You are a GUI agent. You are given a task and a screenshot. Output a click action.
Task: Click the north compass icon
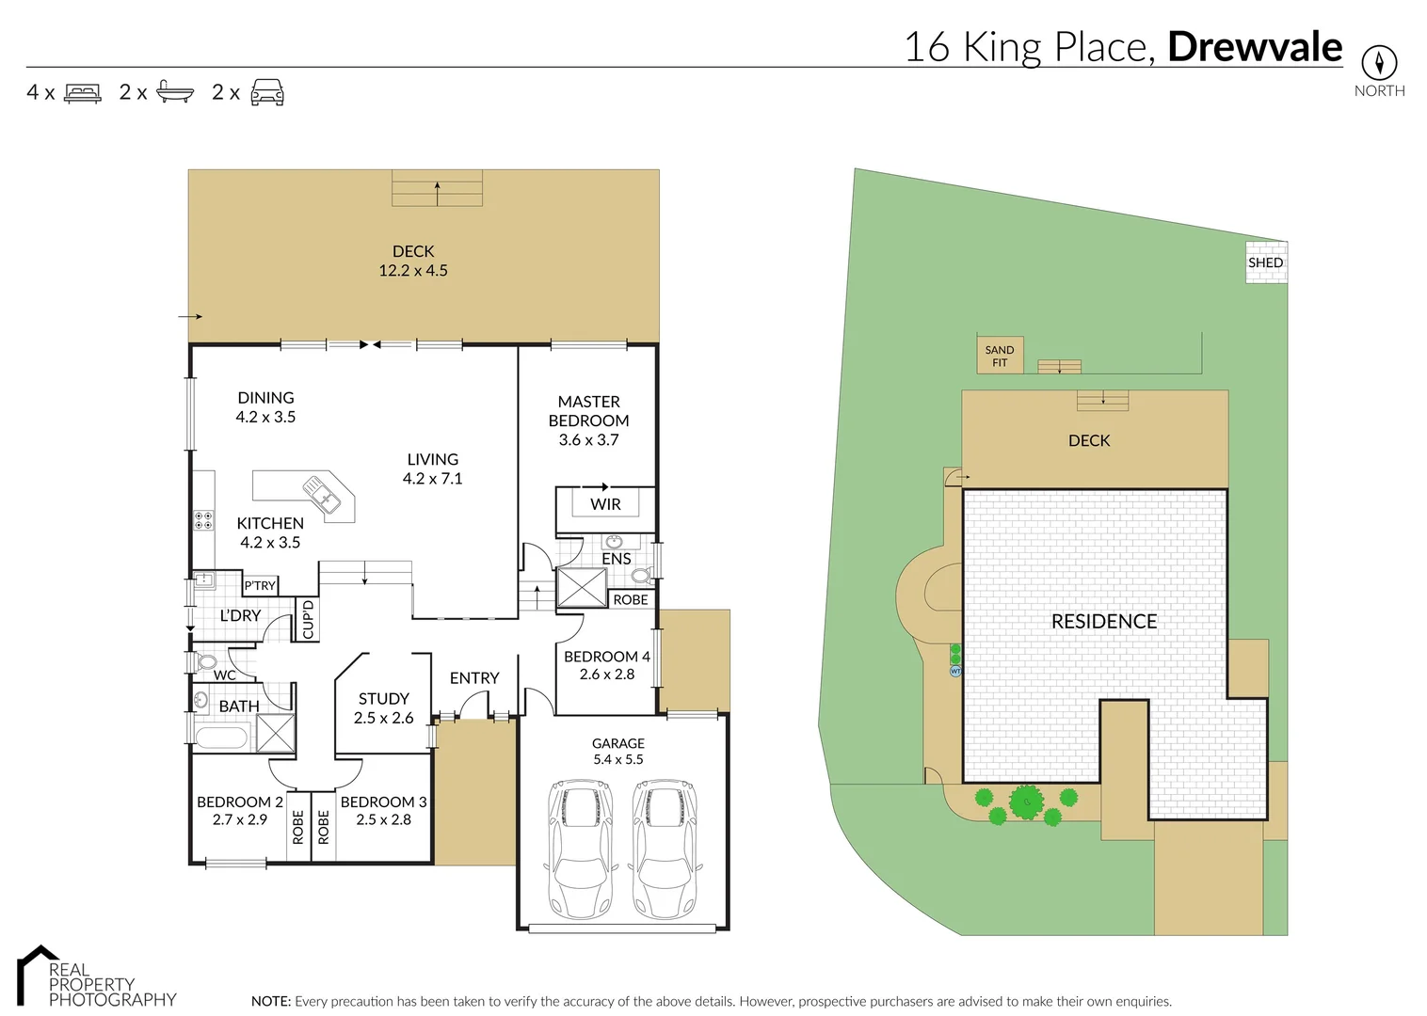tap(1379, 63)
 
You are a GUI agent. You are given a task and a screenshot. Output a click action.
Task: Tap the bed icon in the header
tap(83, 93)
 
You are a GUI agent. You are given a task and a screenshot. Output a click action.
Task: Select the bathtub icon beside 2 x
tap(175, 92)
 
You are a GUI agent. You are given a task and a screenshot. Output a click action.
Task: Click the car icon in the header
tap(267, 92)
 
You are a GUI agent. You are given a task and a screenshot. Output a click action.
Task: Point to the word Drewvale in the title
tap(1254, 47)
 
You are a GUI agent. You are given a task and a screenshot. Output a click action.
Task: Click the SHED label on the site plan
tap(1265, 262)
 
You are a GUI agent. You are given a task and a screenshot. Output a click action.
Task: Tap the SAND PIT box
tap(999, 356)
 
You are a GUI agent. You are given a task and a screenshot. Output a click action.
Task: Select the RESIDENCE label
tap(1103, 621)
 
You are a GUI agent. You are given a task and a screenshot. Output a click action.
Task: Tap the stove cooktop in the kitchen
tap(202, 520)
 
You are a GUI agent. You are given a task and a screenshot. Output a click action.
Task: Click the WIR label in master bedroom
tap(605, 504)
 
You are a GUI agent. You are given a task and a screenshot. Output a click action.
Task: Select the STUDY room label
tap(383, 699)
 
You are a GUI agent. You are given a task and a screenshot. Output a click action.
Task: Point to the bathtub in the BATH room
tap(222, 738)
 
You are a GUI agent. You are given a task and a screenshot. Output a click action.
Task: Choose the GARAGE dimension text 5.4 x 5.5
tap(617, 759)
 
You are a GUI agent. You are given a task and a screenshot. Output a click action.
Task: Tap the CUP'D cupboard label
tap(307, 620)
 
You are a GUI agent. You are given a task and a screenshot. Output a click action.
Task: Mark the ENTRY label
tap(473, 677)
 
